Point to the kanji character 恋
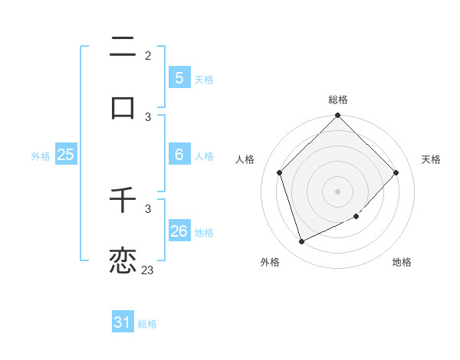click(123, 260)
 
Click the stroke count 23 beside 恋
click(147, 270)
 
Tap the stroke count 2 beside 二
click(147, 56)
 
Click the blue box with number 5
click(179, 78)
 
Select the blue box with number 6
click(179, 155)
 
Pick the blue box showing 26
click(179, 231)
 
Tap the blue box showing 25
click(65, 155)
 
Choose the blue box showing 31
click(123, 323)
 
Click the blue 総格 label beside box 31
click(147, 324)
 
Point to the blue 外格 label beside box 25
click(41, 155)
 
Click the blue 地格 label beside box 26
click(204, 232)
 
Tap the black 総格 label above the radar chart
click(337, 100)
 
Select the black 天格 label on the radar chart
click(431, 159)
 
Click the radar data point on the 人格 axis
click(280, 172)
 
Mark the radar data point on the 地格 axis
click(356, 217)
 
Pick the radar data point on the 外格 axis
click(301, 242)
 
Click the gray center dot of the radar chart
click(337, 191)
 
